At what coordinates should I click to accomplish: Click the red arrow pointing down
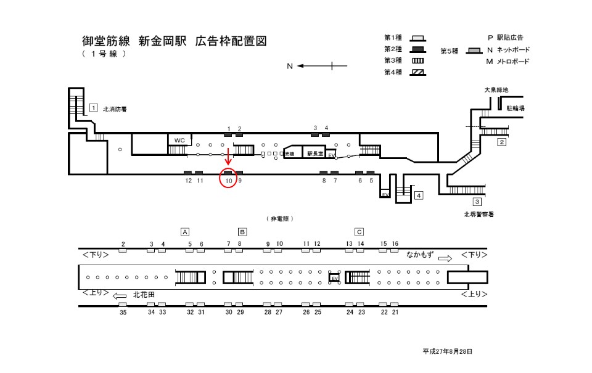click(x=228, y=157)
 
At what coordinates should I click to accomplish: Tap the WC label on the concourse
click(x=179, y=140)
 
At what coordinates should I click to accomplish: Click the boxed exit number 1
click(x=93, y=107)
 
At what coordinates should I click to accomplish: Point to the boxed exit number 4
click(x=419, y=196)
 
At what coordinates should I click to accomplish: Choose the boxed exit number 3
click(x=477, y=202)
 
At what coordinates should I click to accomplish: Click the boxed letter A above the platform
click(x=184, y=232)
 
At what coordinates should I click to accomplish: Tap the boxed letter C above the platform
click(x=359, y=232)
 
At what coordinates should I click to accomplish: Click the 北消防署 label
click(x=115, y=109)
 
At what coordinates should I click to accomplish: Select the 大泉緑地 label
click(x=496, y=90)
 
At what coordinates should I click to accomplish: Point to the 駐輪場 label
click(x=516, y=108)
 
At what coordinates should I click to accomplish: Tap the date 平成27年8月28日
click(x=448, y=351)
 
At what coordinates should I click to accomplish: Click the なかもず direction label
click(x=420, y=254)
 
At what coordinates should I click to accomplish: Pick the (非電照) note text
click(x=279, y=218)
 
